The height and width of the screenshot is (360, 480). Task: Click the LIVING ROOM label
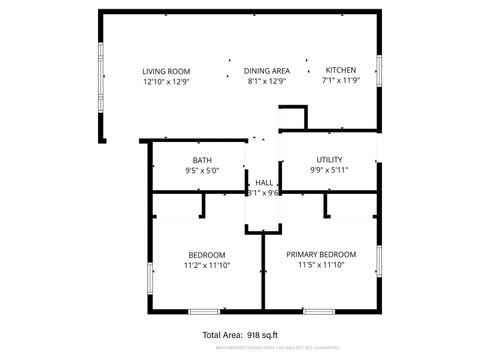166,71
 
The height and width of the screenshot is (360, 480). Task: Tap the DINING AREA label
268,71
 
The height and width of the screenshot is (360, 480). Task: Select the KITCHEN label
340,71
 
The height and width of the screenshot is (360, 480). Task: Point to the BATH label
202,160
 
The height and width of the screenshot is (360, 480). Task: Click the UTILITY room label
329,160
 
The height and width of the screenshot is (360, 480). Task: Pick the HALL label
264,183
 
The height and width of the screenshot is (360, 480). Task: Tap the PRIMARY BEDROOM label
321,255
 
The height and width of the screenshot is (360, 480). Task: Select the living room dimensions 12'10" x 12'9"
166,82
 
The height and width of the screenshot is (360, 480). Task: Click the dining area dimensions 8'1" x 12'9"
268,82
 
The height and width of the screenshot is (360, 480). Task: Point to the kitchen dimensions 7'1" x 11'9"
340,82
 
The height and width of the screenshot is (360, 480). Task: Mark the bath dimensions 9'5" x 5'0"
202,171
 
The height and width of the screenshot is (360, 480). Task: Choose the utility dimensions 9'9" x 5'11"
329,171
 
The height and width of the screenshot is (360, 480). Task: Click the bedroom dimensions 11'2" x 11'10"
206,266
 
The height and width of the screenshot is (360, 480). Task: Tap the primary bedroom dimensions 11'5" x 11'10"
321,266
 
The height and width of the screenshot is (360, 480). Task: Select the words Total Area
222,335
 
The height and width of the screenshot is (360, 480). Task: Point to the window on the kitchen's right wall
380,69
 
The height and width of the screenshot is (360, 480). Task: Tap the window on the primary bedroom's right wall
380,262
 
